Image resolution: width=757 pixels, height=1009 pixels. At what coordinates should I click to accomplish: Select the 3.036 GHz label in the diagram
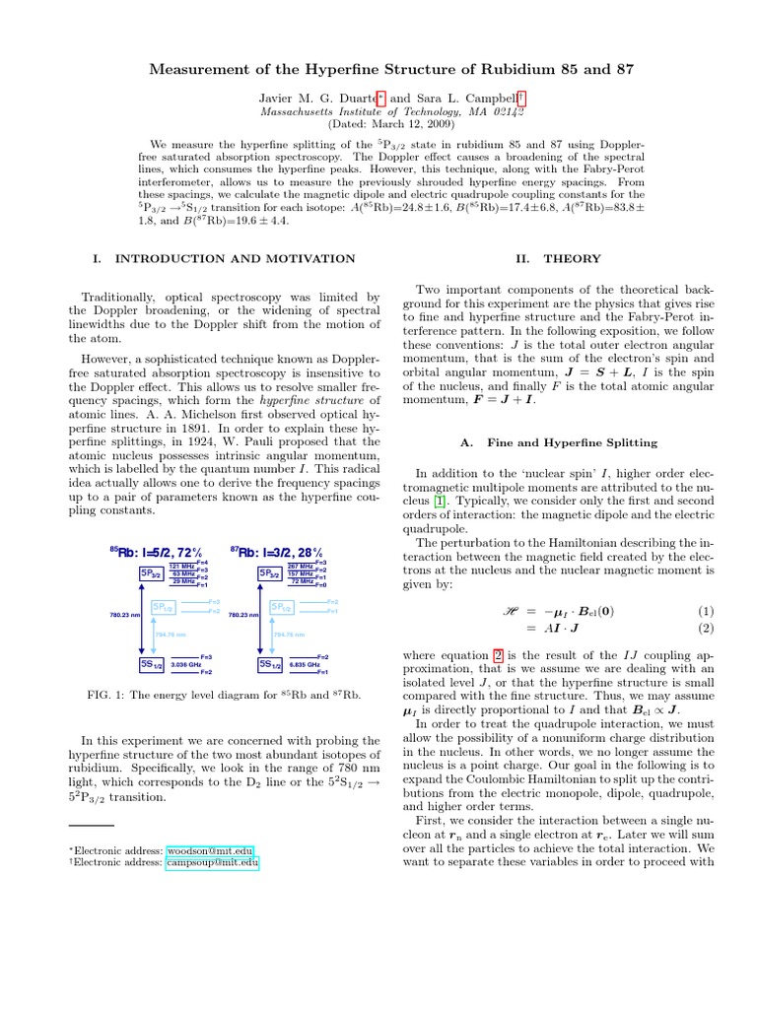click(186, 665)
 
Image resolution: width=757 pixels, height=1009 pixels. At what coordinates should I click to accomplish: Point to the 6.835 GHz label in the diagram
click(305, 665)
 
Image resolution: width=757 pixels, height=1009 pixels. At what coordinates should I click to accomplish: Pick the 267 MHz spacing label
click(300, 567)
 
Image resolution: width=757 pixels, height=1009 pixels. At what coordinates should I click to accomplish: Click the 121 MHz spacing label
click(181, 567)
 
